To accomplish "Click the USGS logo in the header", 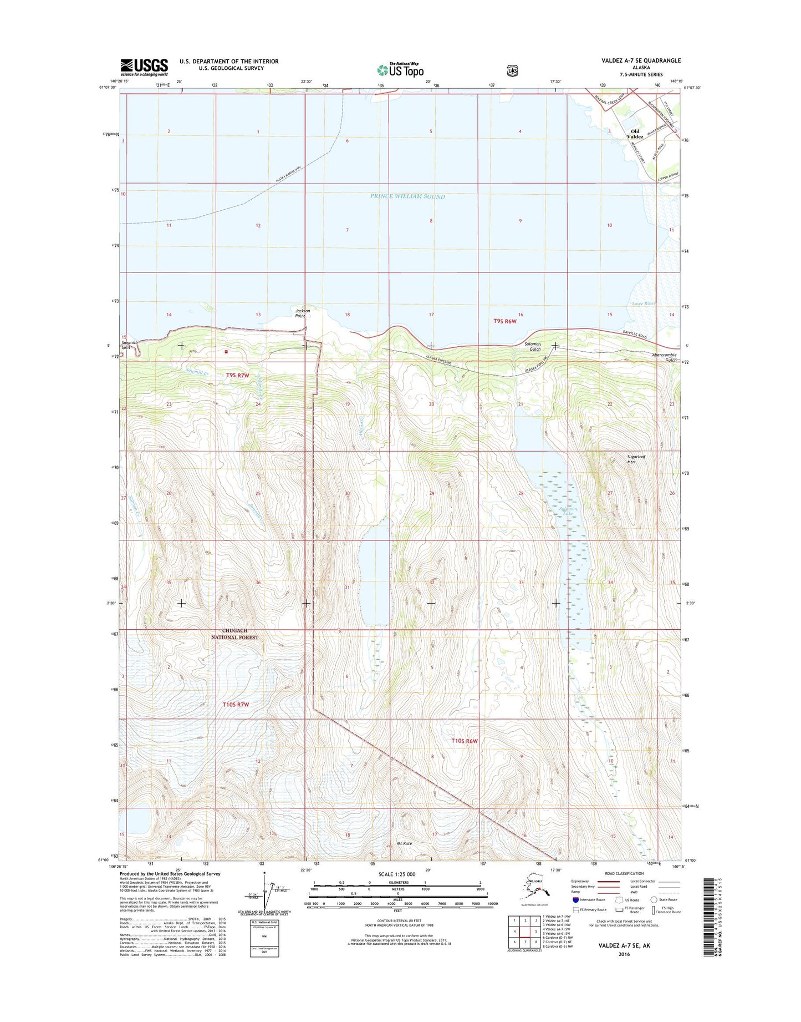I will pos(144,67).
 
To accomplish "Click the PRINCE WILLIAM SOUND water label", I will pos(407,196).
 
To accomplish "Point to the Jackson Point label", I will pos(303,313).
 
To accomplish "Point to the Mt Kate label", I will pos(404,843).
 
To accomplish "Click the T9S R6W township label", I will pos(505,321).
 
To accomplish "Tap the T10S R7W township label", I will pos(236,704).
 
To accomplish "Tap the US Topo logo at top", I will pos(400,70).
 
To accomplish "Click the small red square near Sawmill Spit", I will pos(226,351).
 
